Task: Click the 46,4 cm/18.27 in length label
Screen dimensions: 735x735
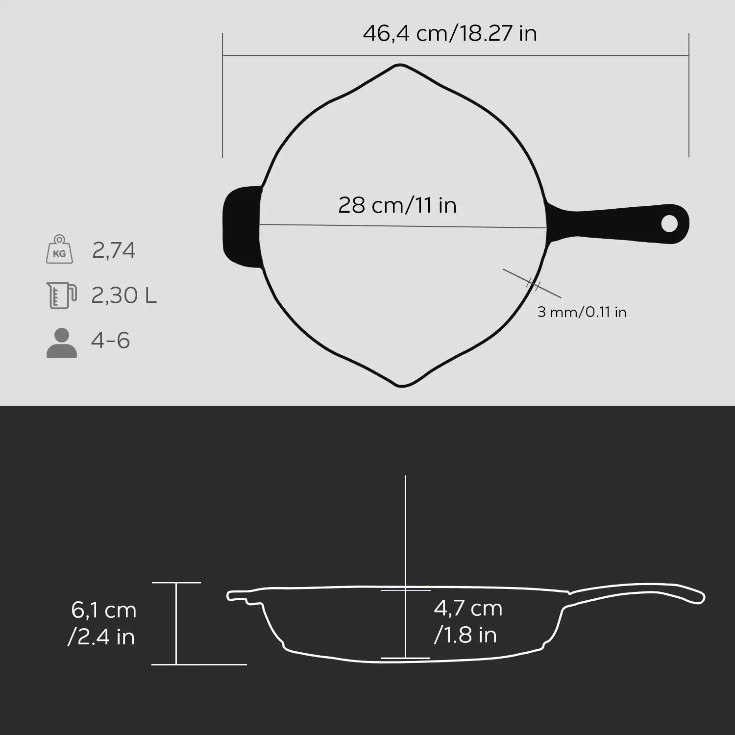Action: tap(449, 34)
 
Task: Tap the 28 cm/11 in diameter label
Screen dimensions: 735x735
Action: tap(397, 205)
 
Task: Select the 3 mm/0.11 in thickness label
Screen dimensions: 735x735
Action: tap(582, 312)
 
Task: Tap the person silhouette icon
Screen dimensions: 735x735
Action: tap(62, 343)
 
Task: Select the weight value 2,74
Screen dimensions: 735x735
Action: tap(114, 250)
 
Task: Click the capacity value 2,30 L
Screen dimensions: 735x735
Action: tap(124, 295)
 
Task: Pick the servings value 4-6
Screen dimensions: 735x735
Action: tap(110, 341)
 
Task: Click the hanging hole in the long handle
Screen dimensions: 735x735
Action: tap(669, 224)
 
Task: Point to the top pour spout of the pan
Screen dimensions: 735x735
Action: tap(400, 67)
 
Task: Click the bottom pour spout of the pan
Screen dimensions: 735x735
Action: tap(402, 384)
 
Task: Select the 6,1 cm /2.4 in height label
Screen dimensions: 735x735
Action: tap(103, 623)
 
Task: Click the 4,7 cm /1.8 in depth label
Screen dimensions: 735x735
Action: tap(468, 621)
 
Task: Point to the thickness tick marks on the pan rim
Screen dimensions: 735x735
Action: tap(533, 284)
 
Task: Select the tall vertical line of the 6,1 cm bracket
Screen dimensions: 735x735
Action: tap(176, 623)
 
